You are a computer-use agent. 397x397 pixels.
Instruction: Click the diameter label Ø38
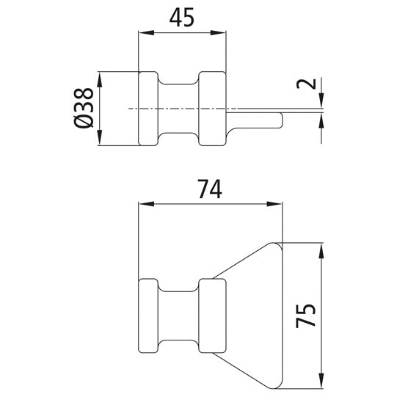click(84, 109)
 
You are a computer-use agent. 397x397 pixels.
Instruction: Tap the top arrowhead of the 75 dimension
click(321, 248)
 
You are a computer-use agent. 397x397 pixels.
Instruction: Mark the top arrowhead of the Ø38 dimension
click(101, 77)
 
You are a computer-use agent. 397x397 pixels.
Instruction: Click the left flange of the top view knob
click(148, 109)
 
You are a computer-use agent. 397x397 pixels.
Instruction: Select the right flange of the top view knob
click(214, 109)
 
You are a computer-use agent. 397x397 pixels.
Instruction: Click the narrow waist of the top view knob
click(181, 109)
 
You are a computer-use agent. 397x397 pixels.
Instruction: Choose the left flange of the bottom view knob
click(148, 314)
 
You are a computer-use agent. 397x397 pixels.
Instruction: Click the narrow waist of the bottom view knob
click(181, 314)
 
